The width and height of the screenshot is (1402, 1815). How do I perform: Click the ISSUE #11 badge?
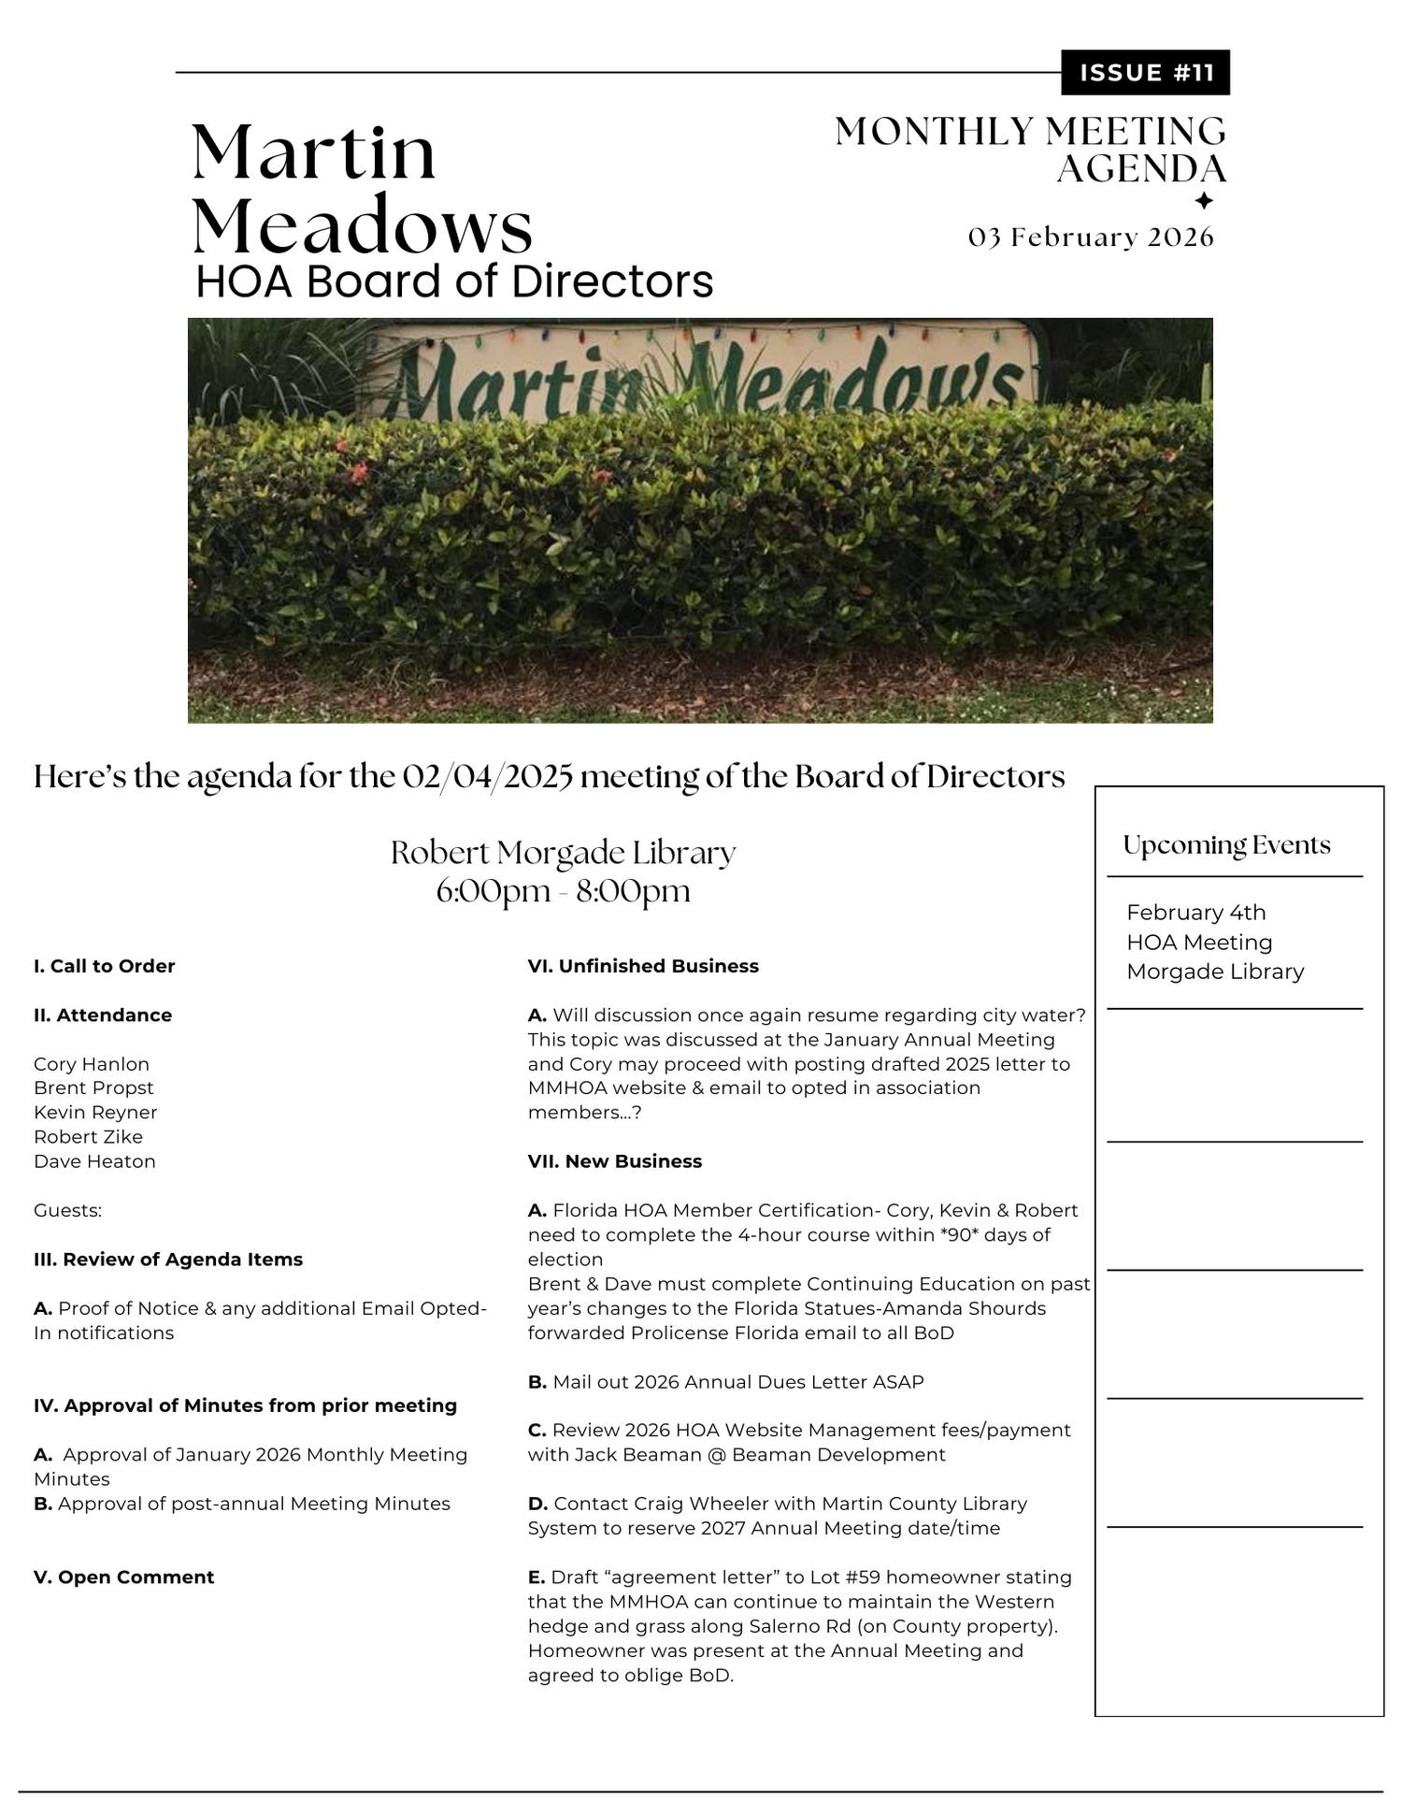[x=1145, y=73]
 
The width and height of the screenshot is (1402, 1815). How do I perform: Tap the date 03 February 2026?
[x=1091, y=238]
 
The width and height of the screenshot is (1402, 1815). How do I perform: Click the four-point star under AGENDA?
[x=1204, y=200]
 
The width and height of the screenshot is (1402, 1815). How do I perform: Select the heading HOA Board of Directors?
[x=454, y=281]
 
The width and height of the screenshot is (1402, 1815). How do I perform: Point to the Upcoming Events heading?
[x=1226, y=845]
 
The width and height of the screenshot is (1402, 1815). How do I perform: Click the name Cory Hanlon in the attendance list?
[x=92, y=1064]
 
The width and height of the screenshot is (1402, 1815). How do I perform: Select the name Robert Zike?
[x=88, y=1137]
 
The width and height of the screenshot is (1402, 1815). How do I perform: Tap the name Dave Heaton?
[x=94, y=1161]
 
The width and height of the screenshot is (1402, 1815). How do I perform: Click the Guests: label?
[x=67, y=1211]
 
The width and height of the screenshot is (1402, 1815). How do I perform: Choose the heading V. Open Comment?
[x=123, y=1577]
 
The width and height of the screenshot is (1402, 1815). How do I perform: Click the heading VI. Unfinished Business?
[x=643, y=966]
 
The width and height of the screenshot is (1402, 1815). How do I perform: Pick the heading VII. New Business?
[x=615, y=1161]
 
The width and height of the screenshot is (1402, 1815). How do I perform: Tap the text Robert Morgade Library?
[x=563, y=853]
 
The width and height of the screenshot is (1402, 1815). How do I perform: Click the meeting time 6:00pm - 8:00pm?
[x=563, y=891]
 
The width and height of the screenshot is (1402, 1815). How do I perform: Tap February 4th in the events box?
[x=1195, y=913]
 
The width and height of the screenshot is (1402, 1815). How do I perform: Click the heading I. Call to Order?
[x=104, y=966]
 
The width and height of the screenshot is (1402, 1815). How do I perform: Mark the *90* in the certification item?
[x=966, y=1235]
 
